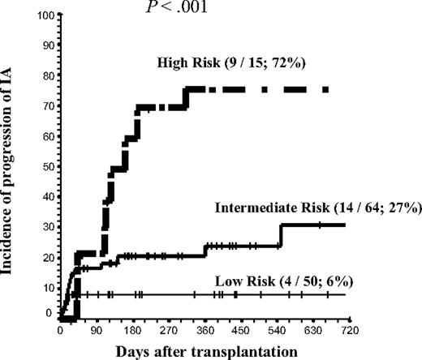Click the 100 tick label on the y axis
click(x=45, y=15)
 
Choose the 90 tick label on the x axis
click(x=96, y=331)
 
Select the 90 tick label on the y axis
click(x=48, y=45)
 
